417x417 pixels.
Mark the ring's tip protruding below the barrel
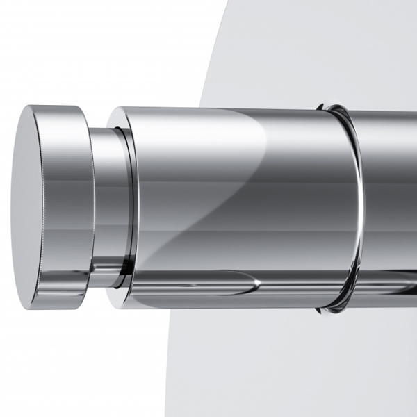point(327,308)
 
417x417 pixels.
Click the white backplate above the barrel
point(313,49)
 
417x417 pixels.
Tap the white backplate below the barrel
point(278,368)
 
